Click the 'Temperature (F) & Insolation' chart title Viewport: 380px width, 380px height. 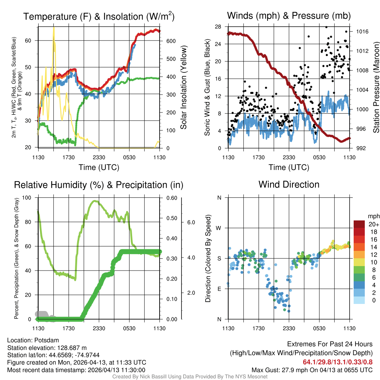tap(99, 16)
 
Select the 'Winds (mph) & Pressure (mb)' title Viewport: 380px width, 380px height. tap(289, 16)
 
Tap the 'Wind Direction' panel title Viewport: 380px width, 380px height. tap(289, 184)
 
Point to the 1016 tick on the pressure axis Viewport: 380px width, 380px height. tap(362, 32)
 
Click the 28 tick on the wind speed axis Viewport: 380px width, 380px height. tap(218, 27)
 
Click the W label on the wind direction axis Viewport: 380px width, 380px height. tap(219, 228)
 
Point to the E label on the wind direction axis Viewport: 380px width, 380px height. tap(219, 289)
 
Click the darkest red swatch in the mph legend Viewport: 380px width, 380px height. tap(360, 224)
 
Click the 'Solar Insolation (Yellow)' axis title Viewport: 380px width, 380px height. tap(183, 88)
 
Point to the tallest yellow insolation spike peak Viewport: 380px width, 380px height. tap(54, 27)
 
